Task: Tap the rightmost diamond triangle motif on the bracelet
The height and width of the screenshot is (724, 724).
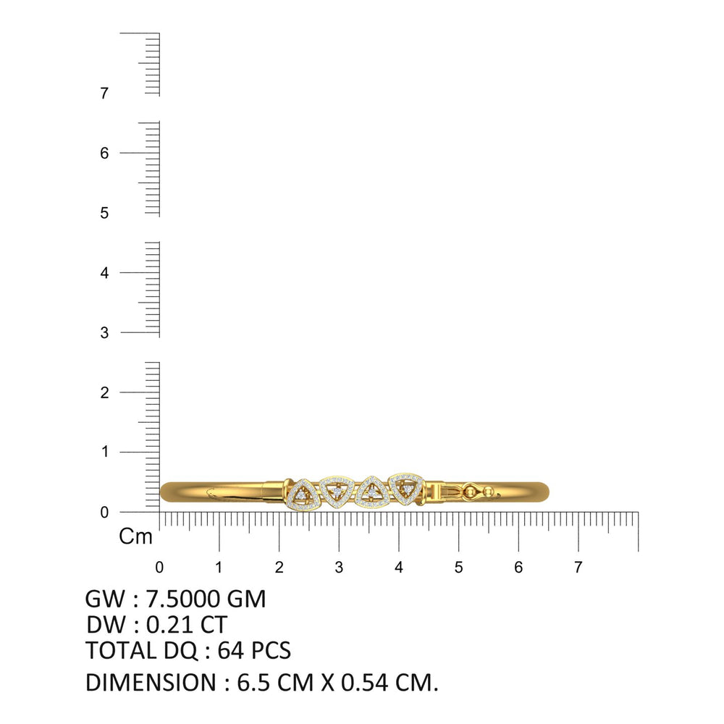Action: [407, 489]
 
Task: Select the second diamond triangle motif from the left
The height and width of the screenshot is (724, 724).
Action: [337, 492]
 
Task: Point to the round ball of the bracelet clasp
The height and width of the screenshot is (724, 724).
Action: [471, 492]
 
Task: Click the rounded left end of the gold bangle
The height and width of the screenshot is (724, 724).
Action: [167, 492]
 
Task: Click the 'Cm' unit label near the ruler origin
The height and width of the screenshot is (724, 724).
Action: [135, 536]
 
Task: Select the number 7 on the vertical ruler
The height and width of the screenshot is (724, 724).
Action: [104, 93]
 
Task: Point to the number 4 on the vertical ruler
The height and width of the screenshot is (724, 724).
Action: [104, 273]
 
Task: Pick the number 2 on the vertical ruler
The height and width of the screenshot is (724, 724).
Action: [105, 392]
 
